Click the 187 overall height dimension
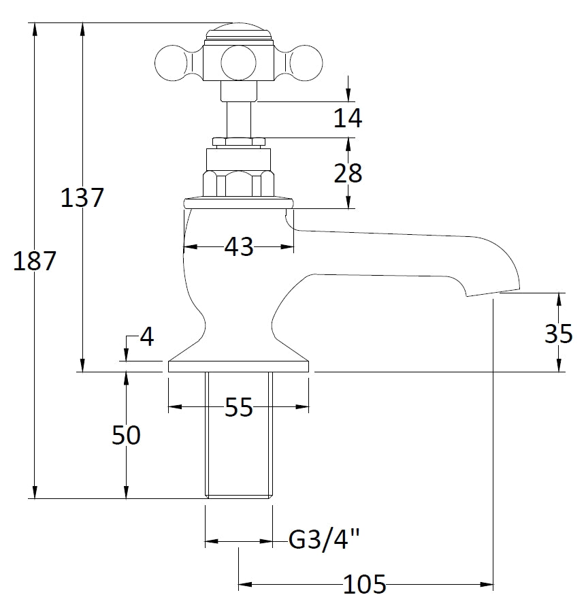(x=35, y=261)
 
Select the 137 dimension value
(x=82, y=198)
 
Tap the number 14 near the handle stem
(x=348, y=118)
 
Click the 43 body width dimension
(x=238, y=246)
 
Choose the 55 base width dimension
(x=238, y=408)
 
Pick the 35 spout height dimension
(x=559, y=334)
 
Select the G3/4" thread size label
(x=324, y=541)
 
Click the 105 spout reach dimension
(x=365, y=584)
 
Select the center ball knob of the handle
(x=238, y=63)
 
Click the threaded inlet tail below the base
(x=238, y=436)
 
